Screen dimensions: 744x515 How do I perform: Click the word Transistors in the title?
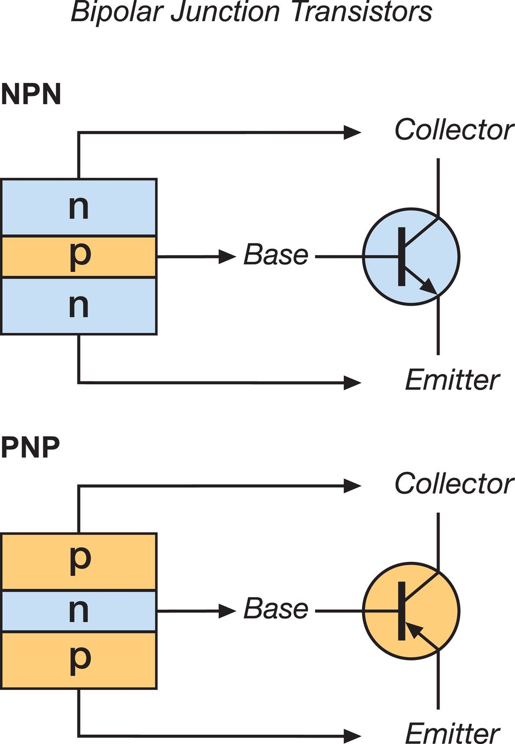coord(362,12)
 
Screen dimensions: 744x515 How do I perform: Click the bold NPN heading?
coord(31,94)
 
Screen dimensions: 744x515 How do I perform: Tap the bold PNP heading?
coord(30,448)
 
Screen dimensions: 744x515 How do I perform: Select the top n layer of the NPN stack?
coord(79,208)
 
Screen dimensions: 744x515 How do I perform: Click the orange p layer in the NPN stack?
coord(79,256)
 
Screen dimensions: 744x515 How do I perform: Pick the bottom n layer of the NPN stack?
coord(79,306)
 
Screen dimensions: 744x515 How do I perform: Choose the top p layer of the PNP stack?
coord(79,561)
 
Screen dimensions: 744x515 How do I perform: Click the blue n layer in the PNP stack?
coord(79,611)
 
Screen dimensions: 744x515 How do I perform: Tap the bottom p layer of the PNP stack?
coord(79,660)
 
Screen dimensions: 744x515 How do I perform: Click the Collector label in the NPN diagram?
coord(454,130)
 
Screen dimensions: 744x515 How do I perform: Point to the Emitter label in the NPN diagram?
coord(452,380)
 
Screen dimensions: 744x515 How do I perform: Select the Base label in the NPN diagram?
coord(276,255)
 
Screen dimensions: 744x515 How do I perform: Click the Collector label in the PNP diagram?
coord(454,483)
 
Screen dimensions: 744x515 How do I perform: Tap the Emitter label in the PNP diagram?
coord(452,734)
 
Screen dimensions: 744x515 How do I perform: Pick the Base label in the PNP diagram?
coord(276,609)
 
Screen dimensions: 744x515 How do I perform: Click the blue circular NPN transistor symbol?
coord(411,256)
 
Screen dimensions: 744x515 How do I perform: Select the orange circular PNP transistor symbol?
coord(411,611)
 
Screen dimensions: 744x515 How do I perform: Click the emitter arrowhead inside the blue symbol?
coord(429,286)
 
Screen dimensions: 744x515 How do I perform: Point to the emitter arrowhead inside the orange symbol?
coord(414,630)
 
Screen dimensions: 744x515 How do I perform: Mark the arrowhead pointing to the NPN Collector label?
coord(352,132)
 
